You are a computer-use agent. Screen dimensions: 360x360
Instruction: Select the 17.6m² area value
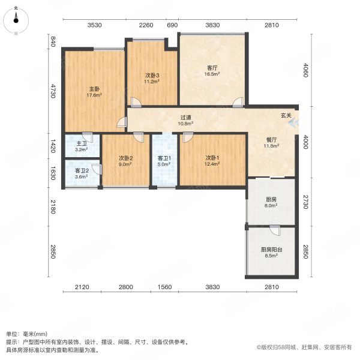[94, 95]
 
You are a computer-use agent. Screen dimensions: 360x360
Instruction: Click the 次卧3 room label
[152, 75]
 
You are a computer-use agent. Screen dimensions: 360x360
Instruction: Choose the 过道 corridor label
[186, 118]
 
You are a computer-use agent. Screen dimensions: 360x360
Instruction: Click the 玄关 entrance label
[286, 115]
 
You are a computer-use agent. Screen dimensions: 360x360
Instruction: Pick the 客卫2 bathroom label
[82, 170]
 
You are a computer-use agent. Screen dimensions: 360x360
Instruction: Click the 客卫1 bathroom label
[164, 157]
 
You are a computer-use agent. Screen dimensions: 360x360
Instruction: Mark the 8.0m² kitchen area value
[271, 205]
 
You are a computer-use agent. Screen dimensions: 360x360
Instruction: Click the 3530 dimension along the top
[95, 25]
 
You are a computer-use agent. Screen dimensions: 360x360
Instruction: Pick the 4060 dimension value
[305, 71]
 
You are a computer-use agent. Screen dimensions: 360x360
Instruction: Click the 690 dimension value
[172, 25]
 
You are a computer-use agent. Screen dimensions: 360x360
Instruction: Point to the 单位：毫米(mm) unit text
[26, 333]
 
